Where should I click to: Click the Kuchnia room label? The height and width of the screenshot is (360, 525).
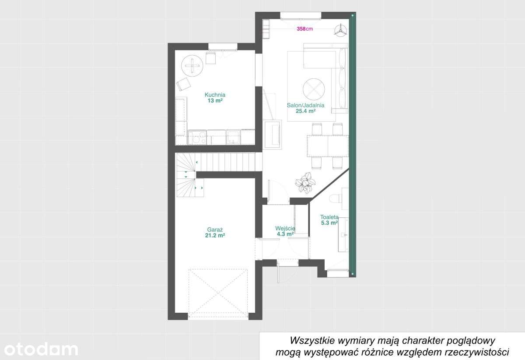215,94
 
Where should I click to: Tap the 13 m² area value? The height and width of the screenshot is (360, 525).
215,100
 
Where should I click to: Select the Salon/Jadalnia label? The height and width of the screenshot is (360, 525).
305,105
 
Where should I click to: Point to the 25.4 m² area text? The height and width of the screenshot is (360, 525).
305,111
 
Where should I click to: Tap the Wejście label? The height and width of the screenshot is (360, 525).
285,228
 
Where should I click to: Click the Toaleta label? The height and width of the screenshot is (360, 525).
329,217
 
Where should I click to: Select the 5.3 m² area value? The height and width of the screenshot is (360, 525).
329,223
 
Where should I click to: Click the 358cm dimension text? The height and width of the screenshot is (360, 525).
304,29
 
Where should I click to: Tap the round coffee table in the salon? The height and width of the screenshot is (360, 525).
314,89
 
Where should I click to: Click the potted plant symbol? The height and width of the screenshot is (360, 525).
305,182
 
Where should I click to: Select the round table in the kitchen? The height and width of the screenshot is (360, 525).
192,66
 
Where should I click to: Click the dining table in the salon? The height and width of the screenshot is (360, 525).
328,146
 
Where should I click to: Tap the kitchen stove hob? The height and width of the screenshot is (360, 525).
197,137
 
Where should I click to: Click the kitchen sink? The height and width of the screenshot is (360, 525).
233,137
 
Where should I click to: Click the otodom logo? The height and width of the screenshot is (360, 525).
39,349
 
